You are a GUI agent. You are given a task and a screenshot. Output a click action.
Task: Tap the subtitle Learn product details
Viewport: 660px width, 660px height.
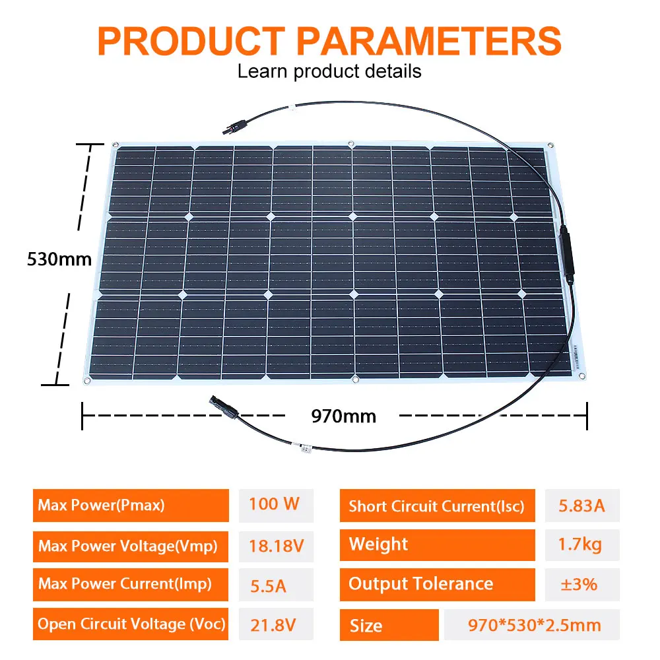(329, 71)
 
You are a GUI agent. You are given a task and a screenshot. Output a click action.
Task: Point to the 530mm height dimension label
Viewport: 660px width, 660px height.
(59, 259)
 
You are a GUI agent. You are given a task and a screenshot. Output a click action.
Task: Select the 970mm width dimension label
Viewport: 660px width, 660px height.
(343, 416)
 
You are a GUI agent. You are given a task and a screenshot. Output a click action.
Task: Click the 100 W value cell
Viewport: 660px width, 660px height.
(275, 504)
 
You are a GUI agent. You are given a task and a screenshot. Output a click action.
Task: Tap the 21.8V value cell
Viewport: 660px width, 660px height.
(271, 624)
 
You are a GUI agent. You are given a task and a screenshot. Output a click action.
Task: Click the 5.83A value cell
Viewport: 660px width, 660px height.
(581, 506)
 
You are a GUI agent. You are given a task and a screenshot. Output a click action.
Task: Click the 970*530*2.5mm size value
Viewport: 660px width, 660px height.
(532, 624)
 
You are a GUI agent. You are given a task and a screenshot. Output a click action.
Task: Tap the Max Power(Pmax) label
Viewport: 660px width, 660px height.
(102, 506)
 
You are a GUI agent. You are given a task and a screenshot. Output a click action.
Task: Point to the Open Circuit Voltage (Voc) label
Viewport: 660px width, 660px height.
(131, 624)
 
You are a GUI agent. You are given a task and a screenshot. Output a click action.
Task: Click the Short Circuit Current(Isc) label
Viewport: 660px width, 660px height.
(436, 506)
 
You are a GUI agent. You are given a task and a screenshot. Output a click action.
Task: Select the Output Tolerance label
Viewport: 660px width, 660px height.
(420, 584)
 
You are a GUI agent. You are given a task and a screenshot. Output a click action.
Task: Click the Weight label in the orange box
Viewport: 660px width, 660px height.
(378, 544)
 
